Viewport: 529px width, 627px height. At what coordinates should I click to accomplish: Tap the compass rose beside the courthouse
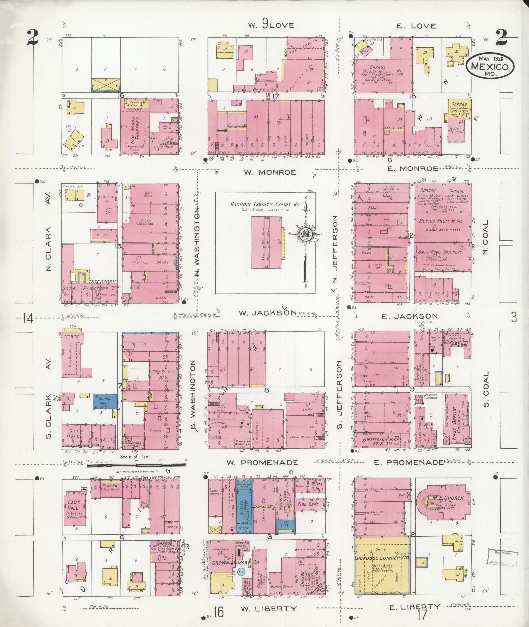coord(305,233)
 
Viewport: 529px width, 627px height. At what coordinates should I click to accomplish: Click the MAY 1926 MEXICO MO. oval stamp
coord(490,66)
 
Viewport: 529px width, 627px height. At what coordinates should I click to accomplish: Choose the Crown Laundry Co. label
coord(230,563)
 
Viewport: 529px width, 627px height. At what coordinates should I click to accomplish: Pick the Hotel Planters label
coord(90,289)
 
